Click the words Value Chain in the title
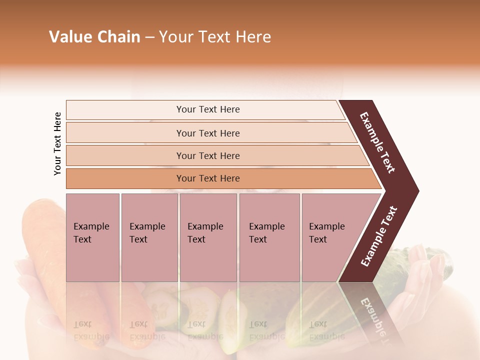(94, 37)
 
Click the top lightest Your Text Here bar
(208, 109)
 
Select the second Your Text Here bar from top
(208, 133)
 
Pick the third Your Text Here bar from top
(208, 155)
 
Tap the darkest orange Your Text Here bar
(208, 178)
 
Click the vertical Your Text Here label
(57, 143)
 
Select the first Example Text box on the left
(92, 237)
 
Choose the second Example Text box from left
(149, 237)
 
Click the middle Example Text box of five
(208, 237)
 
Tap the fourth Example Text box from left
(269, 237)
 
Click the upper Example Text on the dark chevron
(377, 142)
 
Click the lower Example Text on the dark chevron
(379, 236)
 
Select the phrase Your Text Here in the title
(215, 37)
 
